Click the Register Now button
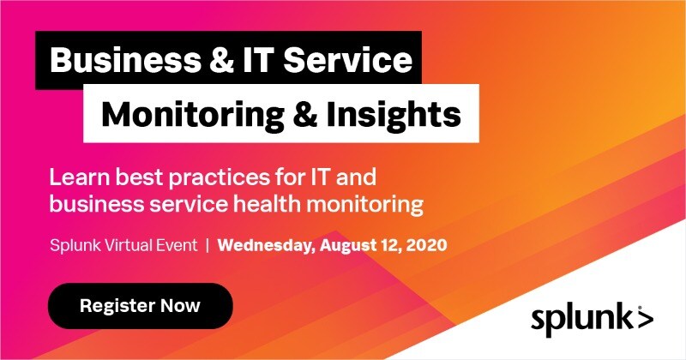[140, 306]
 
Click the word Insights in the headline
[394, 114]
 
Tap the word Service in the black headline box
[348, 60]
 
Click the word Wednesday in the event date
[267, 245]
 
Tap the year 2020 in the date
[426, 245]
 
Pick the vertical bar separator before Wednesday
[208, 245]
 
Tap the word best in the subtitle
[137, 177]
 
